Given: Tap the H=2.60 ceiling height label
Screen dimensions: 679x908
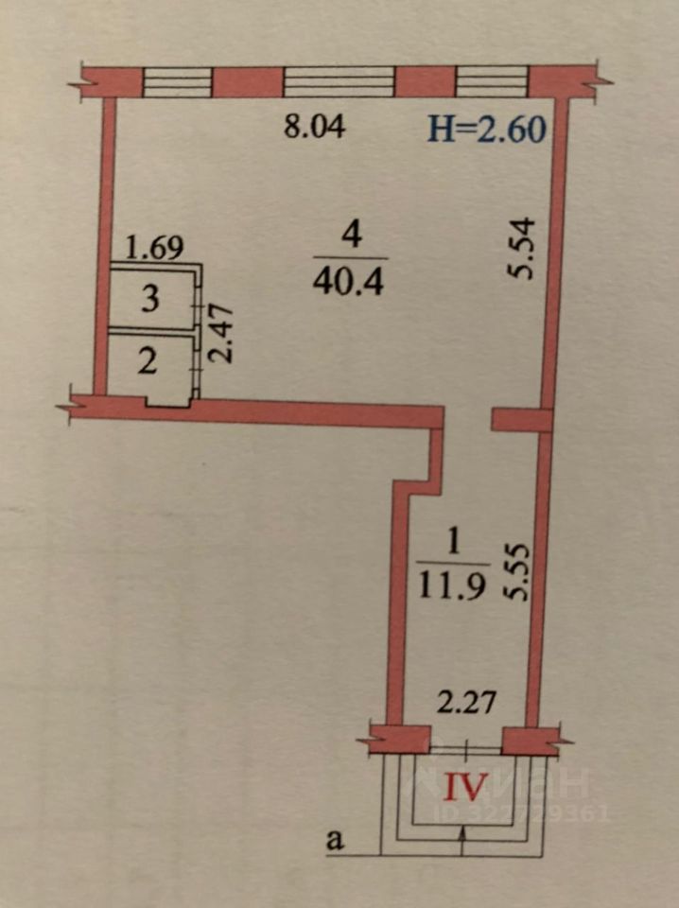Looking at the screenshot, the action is (x=487, y=127).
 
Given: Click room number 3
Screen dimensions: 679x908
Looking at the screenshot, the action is (x=150, y=300).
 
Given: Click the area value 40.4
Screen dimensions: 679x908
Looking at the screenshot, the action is (x=350, y=282).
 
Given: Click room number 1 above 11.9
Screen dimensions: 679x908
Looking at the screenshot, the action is (x=452, y=543).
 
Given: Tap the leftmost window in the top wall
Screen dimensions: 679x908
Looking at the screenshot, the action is (x=176, y=81).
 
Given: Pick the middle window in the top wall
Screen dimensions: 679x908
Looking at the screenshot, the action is (x=339, y=81).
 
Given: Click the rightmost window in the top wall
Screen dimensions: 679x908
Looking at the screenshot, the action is (x=492, y=81).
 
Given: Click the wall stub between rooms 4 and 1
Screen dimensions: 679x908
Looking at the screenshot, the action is (x=521, y=420).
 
